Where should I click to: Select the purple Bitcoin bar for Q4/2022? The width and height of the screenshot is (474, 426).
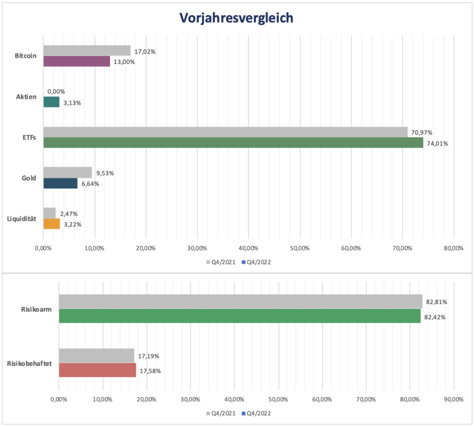(x=76, y=61)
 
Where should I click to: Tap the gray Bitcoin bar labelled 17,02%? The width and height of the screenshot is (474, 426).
(x=87, y=50)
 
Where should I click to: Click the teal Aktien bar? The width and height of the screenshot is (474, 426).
(x=51, y=102)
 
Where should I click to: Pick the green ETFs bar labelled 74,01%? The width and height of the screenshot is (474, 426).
(x=233, y=143)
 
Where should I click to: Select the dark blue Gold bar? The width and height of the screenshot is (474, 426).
(x=60, y=183)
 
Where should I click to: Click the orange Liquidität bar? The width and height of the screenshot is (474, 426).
(x=51, y=224)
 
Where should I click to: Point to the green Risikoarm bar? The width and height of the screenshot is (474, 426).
(x=239, y=316)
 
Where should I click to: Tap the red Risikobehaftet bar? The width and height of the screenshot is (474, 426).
(x=97, y=370)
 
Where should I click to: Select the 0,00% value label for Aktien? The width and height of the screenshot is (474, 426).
(x=56, y=92)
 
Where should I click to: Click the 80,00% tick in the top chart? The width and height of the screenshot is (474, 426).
(x=453, y=248)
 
